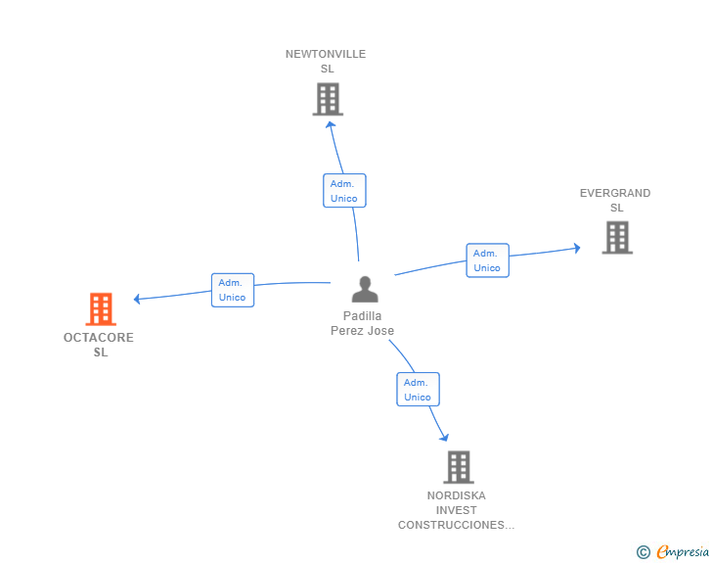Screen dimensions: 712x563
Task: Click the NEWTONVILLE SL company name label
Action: coord(326,62)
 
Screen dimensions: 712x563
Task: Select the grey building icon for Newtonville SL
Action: coord(328,99)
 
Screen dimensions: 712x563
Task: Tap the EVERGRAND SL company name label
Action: coord(615,200)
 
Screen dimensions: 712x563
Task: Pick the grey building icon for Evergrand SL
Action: coord(617,237)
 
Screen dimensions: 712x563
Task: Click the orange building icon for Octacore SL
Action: coord(101,309)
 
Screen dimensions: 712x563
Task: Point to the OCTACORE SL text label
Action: coord(99,345)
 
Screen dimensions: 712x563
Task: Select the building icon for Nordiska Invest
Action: coord(459,467)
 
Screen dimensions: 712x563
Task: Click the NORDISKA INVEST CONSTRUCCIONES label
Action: coord(457,510)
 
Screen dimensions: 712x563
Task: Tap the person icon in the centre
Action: coord(365,289)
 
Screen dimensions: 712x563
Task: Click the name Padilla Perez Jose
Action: coord(362,323)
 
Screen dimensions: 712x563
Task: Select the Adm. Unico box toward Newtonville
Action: coord(344,191)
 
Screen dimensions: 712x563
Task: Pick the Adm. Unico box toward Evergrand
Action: coord(488,260)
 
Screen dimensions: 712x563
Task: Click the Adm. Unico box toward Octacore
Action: coord(233,290)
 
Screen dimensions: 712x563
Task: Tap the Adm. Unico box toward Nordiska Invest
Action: coord(419,390)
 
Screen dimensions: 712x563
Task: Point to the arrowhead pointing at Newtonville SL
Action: coord(331,124)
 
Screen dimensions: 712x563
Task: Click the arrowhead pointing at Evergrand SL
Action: coord(577,248)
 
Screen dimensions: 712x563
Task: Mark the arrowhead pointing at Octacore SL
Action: coord(137,299)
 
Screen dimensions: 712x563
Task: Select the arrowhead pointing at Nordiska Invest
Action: coord(445,438)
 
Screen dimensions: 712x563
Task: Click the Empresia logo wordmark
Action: coord(683,551)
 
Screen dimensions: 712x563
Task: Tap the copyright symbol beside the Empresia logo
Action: coord(644,552)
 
